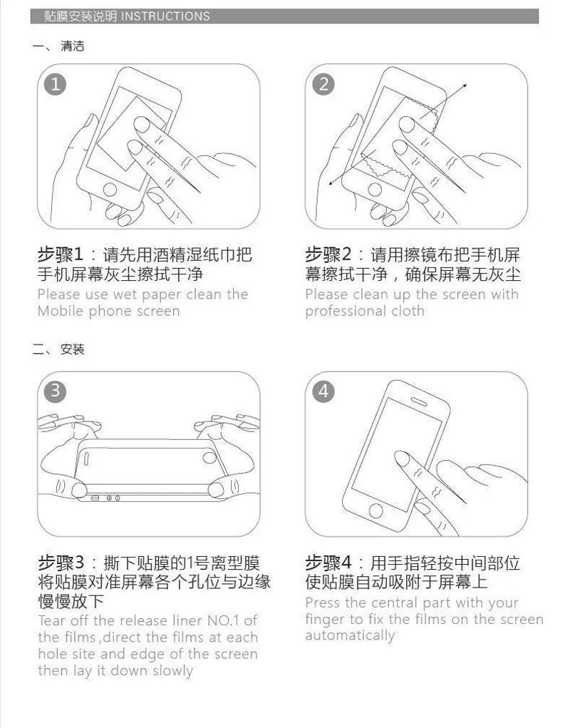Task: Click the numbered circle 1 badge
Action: [55, 84]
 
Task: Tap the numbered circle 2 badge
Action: [323, 84]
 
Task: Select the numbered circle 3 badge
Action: [55, 391]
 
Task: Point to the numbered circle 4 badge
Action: [323, 391]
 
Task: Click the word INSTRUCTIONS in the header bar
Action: [165, 16]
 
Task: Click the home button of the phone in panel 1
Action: [110, 190]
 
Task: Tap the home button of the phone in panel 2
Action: [375, 189]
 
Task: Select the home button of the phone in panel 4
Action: [375, 511]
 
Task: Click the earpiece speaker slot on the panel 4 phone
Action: [420, 401]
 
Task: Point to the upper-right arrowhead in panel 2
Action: [465, 86]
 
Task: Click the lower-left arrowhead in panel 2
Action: [331, 183]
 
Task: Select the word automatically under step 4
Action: [350, 635]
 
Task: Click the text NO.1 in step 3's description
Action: [223, 621]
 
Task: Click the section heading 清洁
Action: [73, 46]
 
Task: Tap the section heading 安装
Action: [73, 349]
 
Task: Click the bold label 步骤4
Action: [328, 563]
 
